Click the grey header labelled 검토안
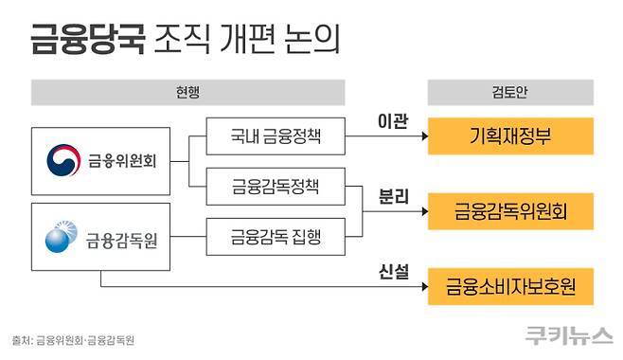(x=511, y=93)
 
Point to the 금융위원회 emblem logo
(x=65, y=159)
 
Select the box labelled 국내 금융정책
(x=276, y=137)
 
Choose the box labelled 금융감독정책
(x=276, y=184)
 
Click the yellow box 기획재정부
(x=511, y=137)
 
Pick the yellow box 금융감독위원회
(x=511, y=208)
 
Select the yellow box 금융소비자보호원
(x=511, y=285)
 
